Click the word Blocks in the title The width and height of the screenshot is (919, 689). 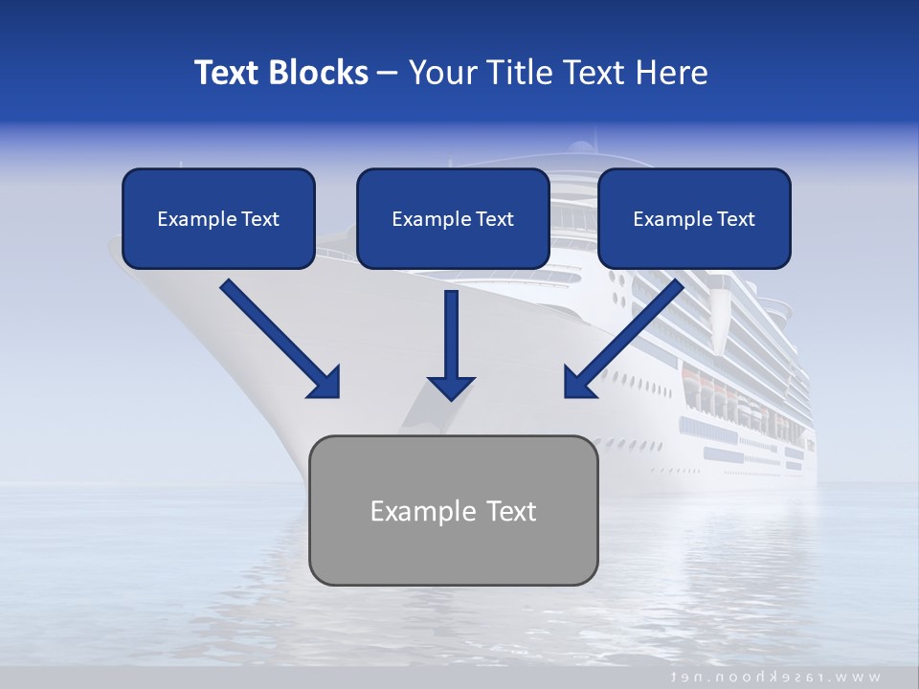[320, 73]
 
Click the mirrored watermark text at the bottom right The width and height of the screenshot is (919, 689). [776, 677]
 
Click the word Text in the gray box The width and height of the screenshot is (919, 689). [508, 511]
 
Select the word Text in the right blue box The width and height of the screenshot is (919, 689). [735, 219]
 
